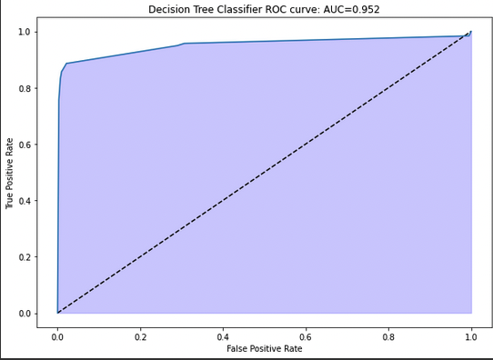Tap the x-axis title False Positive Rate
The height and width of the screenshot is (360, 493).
pos(264,348)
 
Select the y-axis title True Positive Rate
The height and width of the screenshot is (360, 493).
pos(10,173)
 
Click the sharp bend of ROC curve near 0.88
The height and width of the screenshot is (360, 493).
pos(65,64)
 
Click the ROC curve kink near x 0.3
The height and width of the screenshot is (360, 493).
pos(184,43)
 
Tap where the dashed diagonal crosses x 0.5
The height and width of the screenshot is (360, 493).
pos(265,173)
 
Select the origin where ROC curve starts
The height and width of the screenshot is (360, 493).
pos(57,313)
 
